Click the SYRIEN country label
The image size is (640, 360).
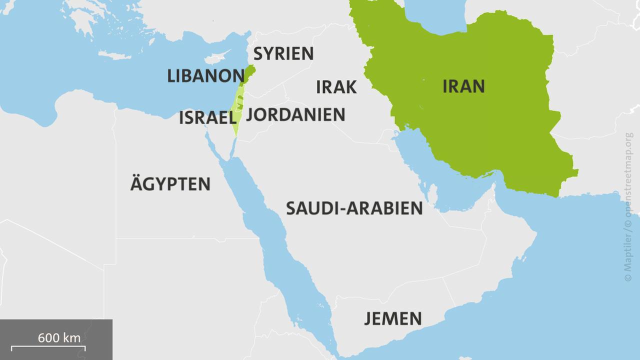(x=283, y=53)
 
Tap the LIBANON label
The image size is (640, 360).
(x=205, y=76)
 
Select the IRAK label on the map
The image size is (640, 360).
(x=336, y=87)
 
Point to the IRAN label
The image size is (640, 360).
(x=463, y=86)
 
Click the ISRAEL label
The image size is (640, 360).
(x=207, y=118)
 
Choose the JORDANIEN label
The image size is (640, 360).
(x=296, y=114)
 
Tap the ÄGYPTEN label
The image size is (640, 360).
(x=170, y=184)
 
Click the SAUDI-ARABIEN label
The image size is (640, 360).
(x=354, y=208)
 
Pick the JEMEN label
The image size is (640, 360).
(x=392, y=318)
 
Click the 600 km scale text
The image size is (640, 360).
(x=59, y=337)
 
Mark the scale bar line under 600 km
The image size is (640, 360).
(x=48, y=346)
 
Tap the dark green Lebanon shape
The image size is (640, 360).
(x=249, y=73)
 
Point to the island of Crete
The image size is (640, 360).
(x=114, y=55)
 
